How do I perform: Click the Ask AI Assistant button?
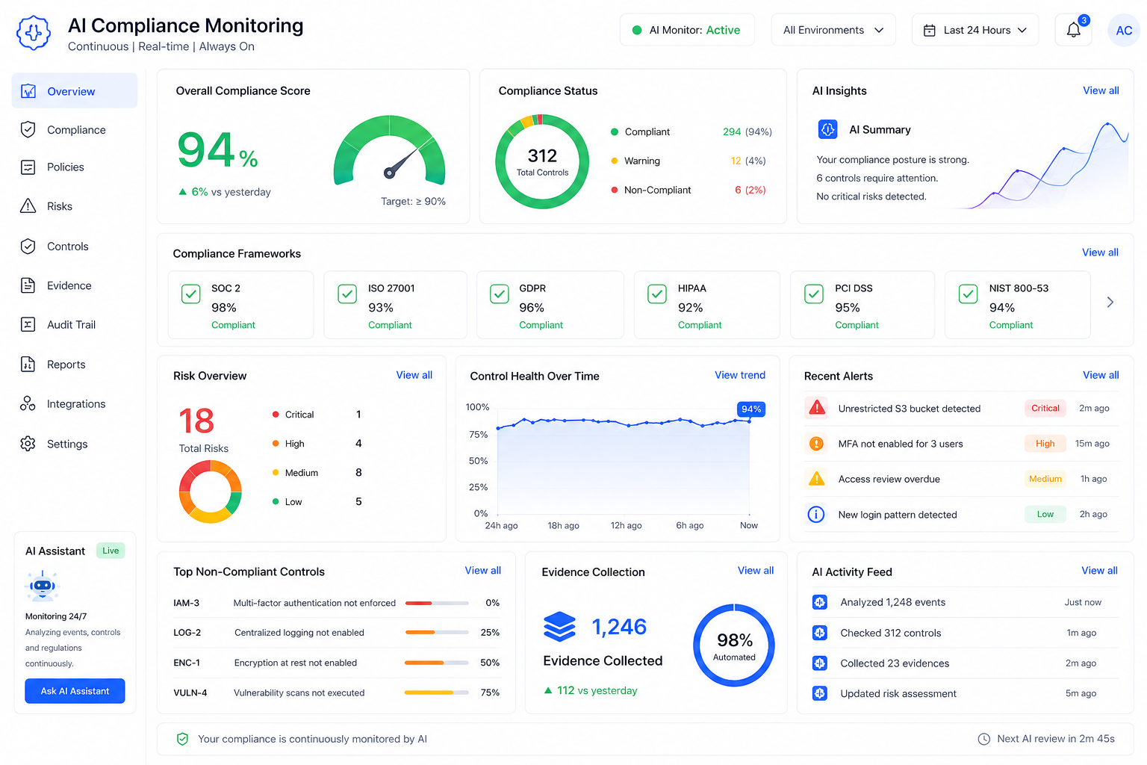(x=75, y=691)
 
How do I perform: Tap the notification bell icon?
(x=1073, y=30)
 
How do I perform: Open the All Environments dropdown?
(x=833, y=30)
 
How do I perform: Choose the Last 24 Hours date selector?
(x=975, y=30)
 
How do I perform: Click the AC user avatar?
(x=1123, y=31)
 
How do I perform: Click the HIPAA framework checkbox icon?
(x=657, y=294)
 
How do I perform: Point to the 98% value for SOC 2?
(x=224, y=308)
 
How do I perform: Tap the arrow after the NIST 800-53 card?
(x=1110, y=303)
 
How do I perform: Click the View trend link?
(x=740, y=375)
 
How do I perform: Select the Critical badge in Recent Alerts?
(x=1045, y=409)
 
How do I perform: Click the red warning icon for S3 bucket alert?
(x=817, y=408)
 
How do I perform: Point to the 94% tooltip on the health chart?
(x=750, y=409)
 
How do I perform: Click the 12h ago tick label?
(x=626, y=525)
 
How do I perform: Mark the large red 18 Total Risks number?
(x=196, y=421)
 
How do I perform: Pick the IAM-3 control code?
(x=187, y=603)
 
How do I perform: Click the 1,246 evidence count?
(x=619, y=627)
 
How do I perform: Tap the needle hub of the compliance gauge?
(x=389, y=173)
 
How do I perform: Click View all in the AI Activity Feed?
(x=1099, y=570)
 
